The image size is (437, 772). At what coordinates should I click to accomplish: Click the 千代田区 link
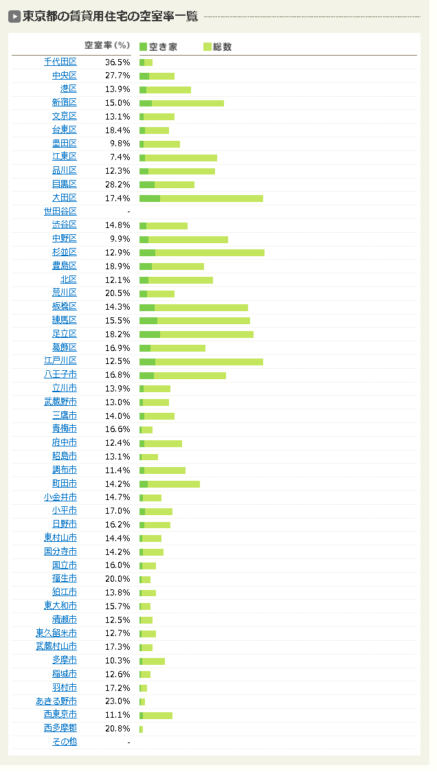tap(60, 62)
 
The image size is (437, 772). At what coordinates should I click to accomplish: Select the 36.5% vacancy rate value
tap(117, 62)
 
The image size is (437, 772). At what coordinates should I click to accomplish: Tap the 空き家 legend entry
tap(159, 47)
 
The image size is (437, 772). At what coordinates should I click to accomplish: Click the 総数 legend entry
tap(217, 47)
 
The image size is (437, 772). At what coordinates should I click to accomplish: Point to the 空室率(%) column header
tap(107, 45)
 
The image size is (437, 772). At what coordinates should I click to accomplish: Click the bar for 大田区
tap(201, 198)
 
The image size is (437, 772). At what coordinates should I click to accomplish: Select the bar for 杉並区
tap(202, 252)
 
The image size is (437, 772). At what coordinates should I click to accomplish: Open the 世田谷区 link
tap(60, 212)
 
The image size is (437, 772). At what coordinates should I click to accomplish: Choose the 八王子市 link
tap(60, 374)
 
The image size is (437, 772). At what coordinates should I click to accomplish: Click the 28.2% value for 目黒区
tap(117, 184)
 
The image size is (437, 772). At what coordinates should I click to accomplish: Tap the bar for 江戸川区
tap(201, 361)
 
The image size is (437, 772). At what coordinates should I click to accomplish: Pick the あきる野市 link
tap(56, 701)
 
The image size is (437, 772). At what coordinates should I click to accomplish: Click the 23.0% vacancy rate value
tap(117, 701)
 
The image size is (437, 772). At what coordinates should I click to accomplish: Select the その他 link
tap(65, 742)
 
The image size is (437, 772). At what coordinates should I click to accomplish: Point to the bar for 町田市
tap(170, 484)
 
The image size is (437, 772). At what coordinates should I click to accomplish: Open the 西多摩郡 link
tap(60, 728)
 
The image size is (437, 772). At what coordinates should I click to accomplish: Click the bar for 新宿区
tap(181, 103)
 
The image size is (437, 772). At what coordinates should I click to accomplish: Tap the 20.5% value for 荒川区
tap(117, 293)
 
